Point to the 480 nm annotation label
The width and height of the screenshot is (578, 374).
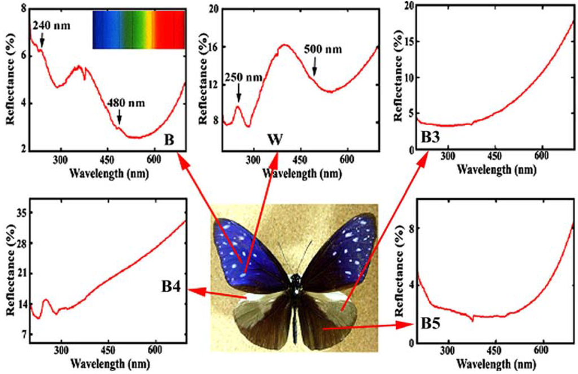125,103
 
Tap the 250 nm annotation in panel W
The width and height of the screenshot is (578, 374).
243,77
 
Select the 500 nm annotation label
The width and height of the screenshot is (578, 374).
323,49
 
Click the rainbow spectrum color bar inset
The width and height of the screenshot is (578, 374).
138,29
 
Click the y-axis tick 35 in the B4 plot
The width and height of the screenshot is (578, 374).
20,213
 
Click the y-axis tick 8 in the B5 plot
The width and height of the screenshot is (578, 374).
410,228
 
